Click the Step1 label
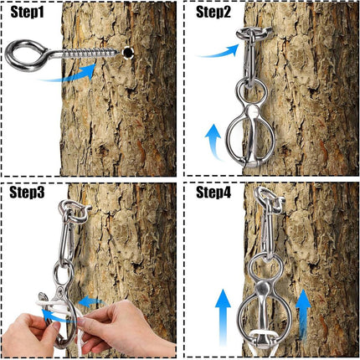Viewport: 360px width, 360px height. click(27, 13)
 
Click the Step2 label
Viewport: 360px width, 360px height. click(213, 12)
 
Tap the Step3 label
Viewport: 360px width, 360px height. click(27, 192)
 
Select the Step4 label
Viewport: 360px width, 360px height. click(213, 192)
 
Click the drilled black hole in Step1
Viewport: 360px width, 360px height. click(128, 52)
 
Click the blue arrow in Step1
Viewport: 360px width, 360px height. click(69, 75)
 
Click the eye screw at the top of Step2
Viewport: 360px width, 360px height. click(253, 34)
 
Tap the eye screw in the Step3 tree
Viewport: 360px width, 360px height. click(75, 211)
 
